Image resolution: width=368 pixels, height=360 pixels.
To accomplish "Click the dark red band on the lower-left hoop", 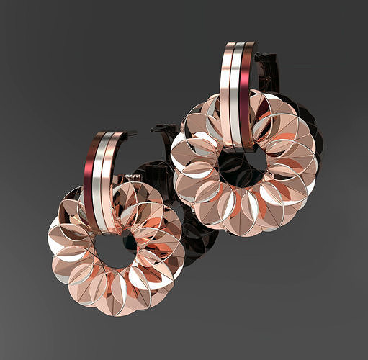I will tap(91, 173).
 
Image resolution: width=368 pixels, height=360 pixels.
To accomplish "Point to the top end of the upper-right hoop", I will tap(241, 45).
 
